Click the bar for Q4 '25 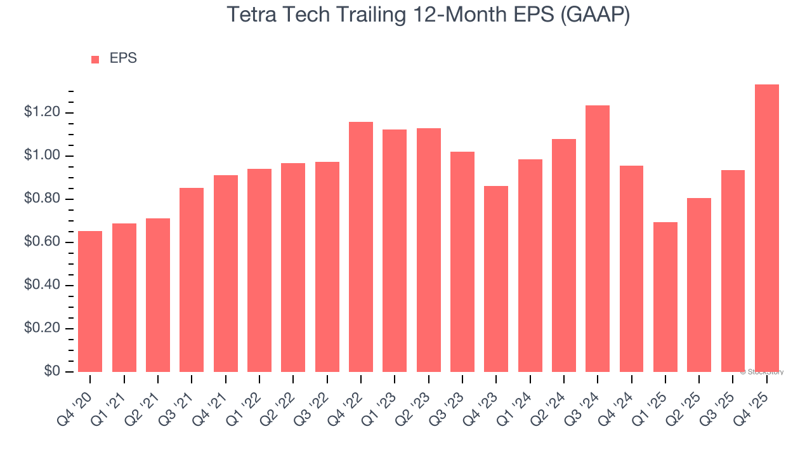pos(767,228)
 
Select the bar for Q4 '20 pos(90,301)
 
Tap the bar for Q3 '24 pos(598,239)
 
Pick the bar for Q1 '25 pos(665,297)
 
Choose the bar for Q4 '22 pos(361,247)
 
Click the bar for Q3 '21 pos(192,280)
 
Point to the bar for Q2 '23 pos(429,250)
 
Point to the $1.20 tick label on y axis pos(41,112)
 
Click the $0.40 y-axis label pos(41,285)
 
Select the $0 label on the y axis pos(52,371)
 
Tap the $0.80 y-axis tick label pos(41,199)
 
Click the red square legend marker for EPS pos(95,59)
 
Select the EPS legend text pos(123,58)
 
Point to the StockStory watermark pos(762,372)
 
